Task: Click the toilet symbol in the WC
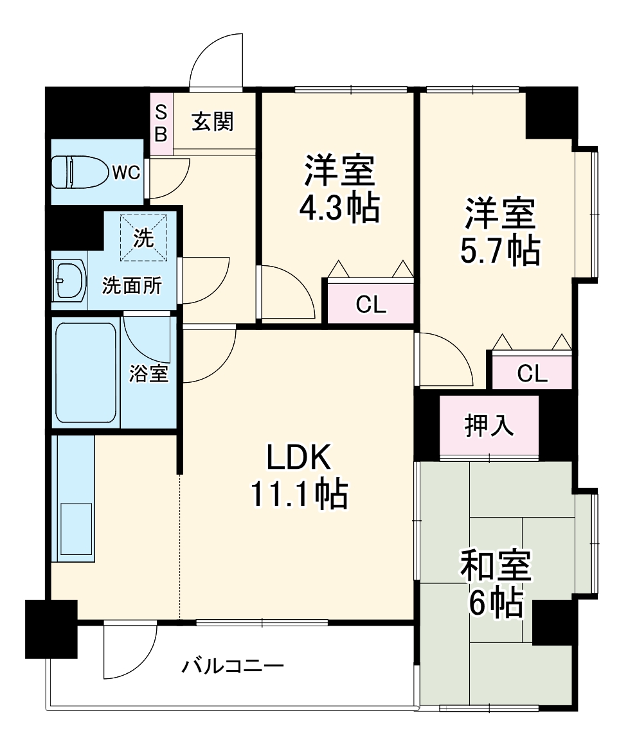pyautogui.click(x=80, y=172)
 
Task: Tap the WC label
pyautogui.click(x=126, y=172)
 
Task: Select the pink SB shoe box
pyautogui.click(x=161, y=124)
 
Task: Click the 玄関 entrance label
pyautogui.click(x=212, y=121)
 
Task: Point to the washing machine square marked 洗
pyautogui.click(x=143, y=238)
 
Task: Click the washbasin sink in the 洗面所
pyautogui.click(x=69, y=281)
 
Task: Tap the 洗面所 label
pyautogui.click(x=132, y=286)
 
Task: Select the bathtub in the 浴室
pyautogui.click(x=85, y=373)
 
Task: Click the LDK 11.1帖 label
pyautogui.click(x=299, y=475)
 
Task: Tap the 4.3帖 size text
pyautogui.click(x=339, y=207)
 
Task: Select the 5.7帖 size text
pyautogui.click(x=499, y=250)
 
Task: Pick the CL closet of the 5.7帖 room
pyautogui.click(x=532, y=373)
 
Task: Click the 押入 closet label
pyautogui.click(x=489, y=425)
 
